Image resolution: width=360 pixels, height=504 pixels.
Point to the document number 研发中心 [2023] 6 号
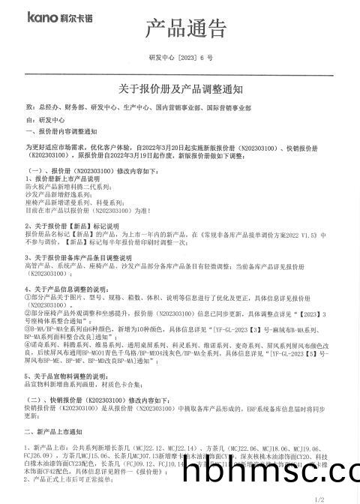tap(181, 58)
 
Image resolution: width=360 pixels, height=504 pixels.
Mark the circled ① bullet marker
tap(28, 297)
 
